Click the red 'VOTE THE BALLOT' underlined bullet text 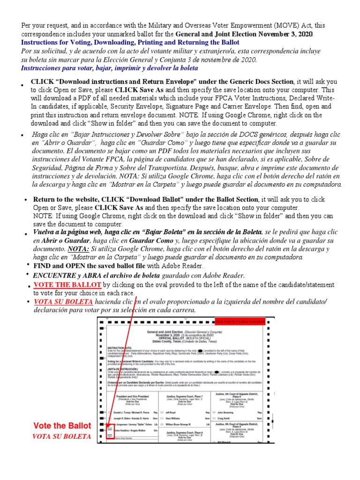(x=67, y=285)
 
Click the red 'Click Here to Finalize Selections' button (x=240, y=321)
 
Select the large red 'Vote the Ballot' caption (x=62, y=426)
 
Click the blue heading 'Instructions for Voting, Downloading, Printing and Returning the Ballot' (x=130, y=42)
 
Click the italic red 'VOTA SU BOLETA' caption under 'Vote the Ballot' (x=61, y=436)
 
